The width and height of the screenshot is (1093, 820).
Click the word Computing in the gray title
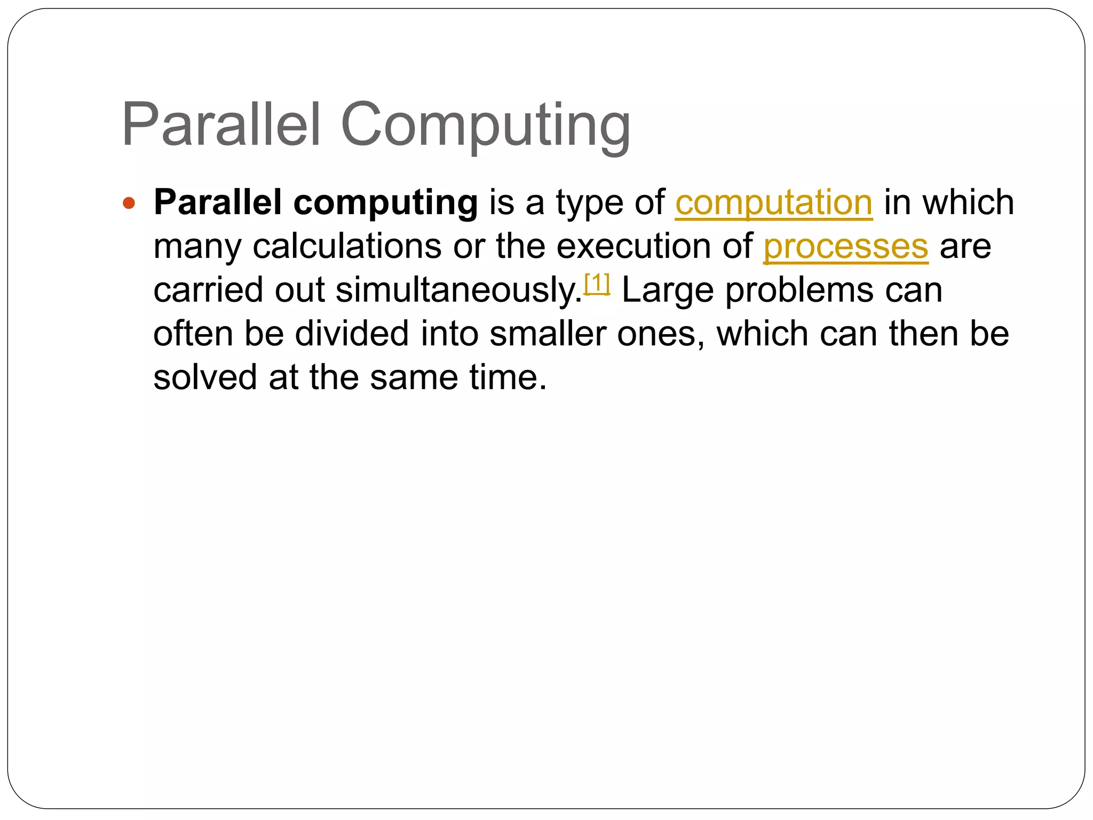tap(486, 126)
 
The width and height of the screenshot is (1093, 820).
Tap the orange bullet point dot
tap(129, 203)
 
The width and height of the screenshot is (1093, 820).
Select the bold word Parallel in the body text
tap(218, 202)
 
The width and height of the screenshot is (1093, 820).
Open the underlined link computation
tap(774, 203)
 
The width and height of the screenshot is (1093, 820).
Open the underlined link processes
tap(846, 247)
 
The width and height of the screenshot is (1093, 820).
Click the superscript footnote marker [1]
tap(597, 283)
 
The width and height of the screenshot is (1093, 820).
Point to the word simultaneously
tap(459, 291)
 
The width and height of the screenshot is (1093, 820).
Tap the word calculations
tap(347, 247)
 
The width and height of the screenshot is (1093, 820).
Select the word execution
tap(633, 247)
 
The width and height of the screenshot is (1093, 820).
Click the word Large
tap(668, 291)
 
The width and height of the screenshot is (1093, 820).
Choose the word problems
tap(799, 291)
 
